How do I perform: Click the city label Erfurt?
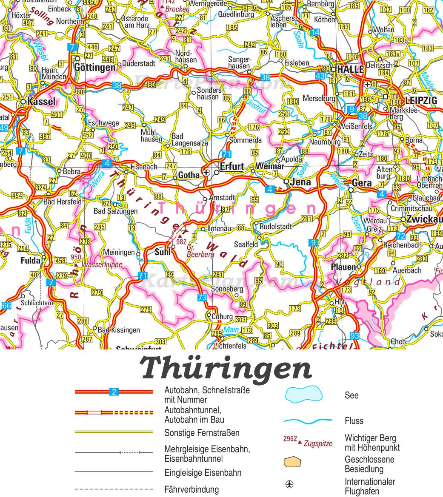pos(232,166)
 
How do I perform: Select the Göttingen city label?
pos(94,67)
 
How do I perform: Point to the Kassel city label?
pos(41,102)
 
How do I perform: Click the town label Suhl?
pos(163,252)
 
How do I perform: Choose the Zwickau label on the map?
pos(424,219)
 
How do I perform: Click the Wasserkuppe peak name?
pos(102,264)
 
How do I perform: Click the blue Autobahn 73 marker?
pos(202,298)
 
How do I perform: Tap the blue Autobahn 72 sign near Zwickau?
pos(400,236)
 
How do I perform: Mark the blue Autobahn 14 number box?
pos(315,33)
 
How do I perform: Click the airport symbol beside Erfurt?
pos(206,172)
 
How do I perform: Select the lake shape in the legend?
pos(303,395)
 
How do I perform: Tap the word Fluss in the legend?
pos(354,421)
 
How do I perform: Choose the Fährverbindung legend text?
pos(191,490)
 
